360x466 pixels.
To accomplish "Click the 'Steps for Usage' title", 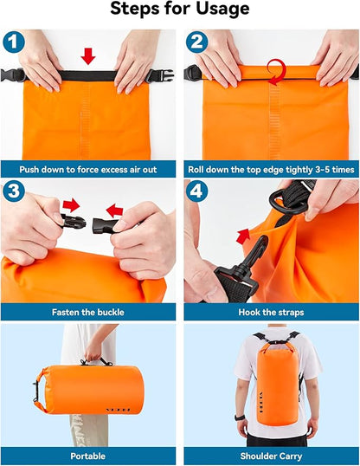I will point(180,10).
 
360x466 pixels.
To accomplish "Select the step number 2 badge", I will point(197,42).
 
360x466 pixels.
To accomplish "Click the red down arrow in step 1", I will point(87,56).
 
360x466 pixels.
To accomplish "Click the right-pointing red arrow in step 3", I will point(71,206).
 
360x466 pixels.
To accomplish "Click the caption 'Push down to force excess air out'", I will point(89,171).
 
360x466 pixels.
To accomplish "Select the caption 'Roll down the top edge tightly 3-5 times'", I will point(271,171).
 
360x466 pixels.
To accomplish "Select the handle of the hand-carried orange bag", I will point(97,360).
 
